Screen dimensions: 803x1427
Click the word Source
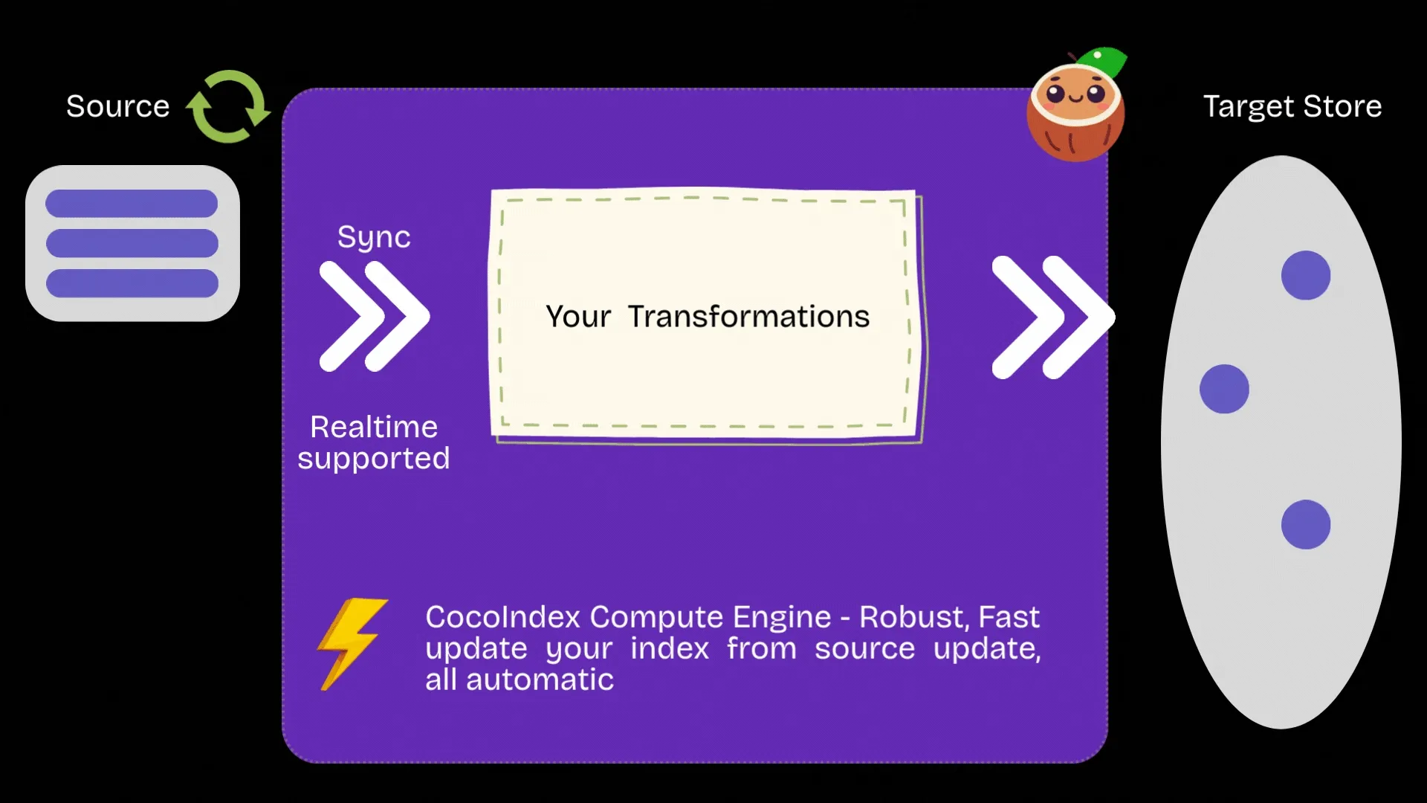click(x=117, y=106)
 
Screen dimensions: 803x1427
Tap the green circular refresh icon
click(x=229, y=106)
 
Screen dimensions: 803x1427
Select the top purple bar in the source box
click(x=132, y=203)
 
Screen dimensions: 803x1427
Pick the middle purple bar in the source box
click(x=132, y=243)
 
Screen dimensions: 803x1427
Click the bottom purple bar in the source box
click(x=132, y=283)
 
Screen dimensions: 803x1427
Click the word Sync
click(x=374, y=237)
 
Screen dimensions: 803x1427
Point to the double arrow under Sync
click(x=374, y=316)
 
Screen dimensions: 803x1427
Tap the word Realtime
click(x=374, y=427)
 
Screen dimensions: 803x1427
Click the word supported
click(x=374, y=458)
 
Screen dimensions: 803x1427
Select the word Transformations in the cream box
click(x=748, y=317)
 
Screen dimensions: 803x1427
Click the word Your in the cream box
click(x=578, y=317)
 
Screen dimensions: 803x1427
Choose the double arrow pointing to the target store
click(x=1052, y=317)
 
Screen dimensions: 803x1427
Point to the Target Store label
click(x=1292, y=106)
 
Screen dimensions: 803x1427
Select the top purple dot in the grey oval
click(x=1306, y=275)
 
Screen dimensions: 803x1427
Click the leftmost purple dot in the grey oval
click(x=1224, y=389)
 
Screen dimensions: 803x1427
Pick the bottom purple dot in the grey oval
click(x=1306, y=524)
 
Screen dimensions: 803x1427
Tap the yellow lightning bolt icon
click(x=351, y=643)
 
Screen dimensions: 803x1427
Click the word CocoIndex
click(x=502, y=617)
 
